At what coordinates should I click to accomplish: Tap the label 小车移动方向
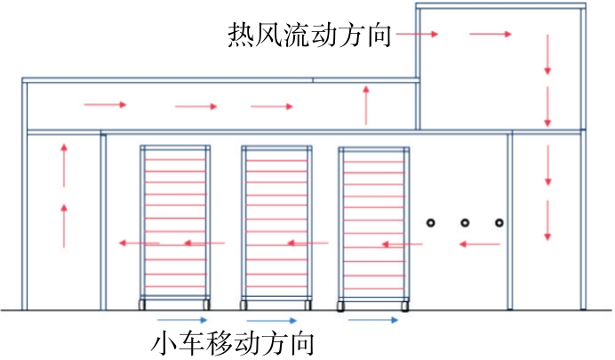click(232, 341)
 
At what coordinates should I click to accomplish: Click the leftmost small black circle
click(428, 222)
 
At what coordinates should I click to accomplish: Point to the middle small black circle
click(464, 222)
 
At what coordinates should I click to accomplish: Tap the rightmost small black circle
click(499, 222)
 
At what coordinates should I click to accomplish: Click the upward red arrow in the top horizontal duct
click(366, 105)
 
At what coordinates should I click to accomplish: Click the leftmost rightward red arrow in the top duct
click(105, 106)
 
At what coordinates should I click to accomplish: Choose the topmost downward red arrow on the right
click(547, 55)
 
